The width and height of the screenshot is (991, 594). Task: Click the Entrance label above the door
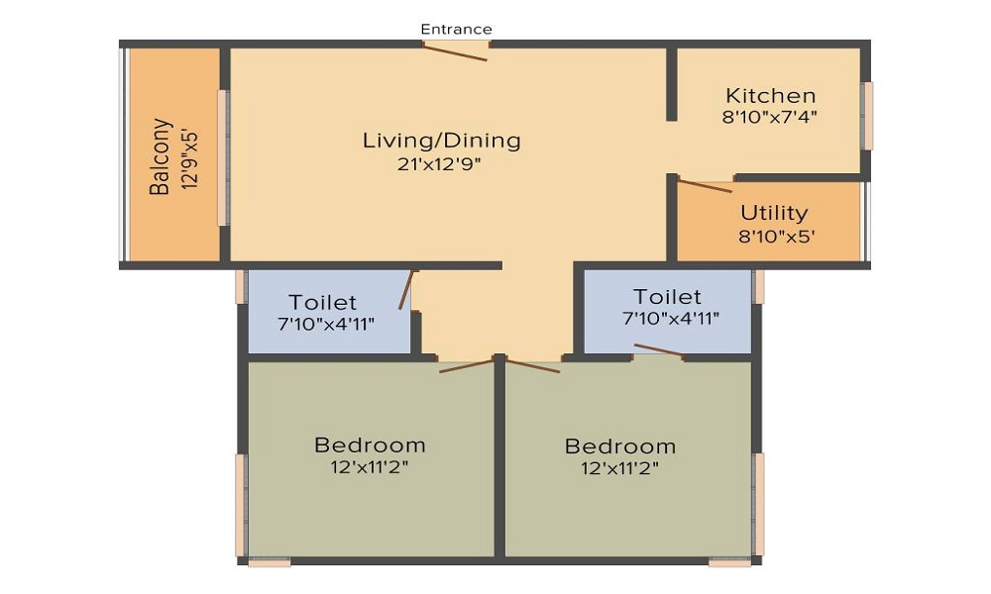(456, 29)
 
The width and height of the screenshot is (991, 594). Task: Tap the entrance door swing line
(455, 51)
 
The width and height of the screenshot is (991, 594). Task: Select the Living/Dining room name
(442, 141)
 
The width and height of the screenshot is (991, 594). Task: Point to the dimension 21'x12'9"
(439, 164)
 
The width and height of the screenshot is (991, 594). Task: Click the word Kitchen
(770, 96)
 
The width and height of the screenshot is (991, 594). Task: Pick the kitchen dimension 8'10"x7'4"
(770, 117)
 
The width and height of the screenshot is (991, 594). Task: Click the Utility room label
(774, 214)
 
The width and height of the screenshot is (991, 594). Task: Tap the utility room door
(705, 185)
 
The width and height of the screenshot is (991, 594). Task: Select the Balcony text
(161, 156)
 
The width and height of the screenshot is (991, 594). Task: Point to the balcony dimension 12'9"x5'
(189, 159)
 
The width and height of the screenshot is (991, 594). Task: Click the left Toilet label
(322, 302)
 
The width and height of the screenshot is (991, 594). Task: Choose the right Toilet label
(667, 297)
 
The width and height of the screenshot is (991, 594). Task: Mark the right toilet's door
(659, 350)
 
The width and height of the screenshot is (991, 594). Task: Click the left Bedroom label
(370, 445)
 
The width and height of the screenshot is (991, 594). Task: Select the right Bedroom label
(620, 446)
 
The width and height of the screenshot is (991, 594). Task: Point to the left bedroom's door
(467, 365)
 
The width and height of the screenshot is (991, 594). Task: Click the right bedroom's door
(533, 365)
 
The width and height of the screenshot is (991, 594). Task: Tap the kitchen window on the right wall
(868, 116)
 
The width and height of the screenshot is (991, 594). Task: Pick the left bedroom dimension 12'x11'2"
(370, 467)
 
